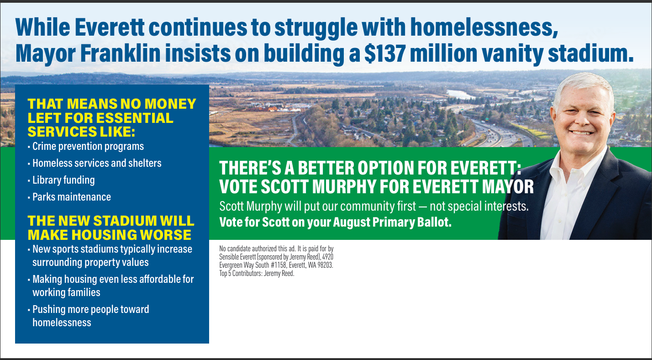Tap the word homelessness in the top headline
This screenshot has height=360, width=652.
[484, 27]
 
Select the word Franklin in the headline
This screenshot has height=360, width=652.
[120, 53]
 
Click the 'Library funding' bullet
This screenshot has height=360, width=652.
[63, 180]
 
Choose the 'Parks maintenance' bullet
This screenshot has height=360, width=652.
[72, 197]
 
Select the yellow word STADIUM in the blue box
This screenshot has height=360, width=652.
[126, 221]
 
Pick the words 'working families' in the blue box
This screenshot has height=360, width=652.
[66, 292]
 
